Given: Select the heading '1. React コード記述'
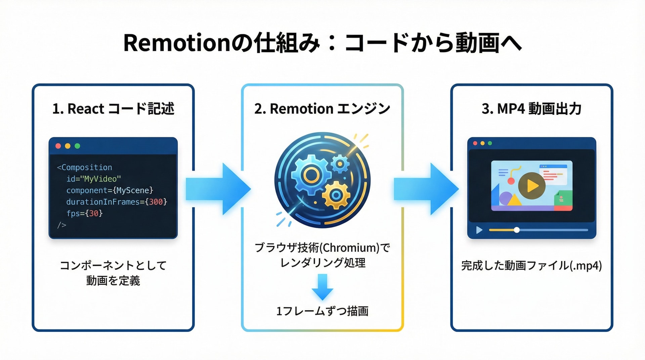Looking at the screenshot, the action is pos(113,109).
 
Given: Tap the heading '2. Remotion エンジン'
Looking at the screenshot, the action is pos(322,109).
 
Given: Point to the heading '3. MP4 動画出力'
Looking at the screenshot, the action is pos(531,109).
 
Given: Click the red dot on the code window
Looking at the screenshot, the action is pos(58,146).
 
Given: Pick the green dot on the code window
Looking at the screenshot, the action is pos(77,146).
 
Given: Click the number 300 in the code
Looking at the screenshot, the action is pos(156,202).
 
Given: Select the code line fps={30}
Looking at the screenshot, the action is pos(84,213).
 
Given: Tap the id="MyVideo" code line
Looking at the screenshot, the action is pos(93,179).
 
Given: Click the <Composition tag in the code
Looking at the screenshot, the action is pos(84,167).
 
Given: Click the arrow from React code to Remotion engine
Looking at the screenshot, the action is pos(218,189).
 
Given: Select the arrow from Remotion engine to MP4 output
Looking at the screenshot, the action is pos(426,189).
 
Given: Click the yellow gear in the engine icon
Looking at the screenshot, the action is pos(336,195).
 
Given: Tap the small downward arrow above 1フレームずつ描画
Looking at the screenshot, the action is pos(322,287).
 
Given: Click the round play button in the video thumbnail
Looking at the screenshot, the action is pos(531,185).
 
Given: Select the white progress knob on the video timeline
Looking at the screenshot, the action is pos(517,230).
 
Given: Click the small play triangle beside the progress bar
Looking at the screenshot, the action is pos(479,230).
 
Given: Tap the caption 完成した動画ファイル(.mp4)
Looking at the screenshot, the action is pos(531,266).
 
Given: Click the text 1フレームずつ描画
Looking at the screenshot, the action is pos(322,311).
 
